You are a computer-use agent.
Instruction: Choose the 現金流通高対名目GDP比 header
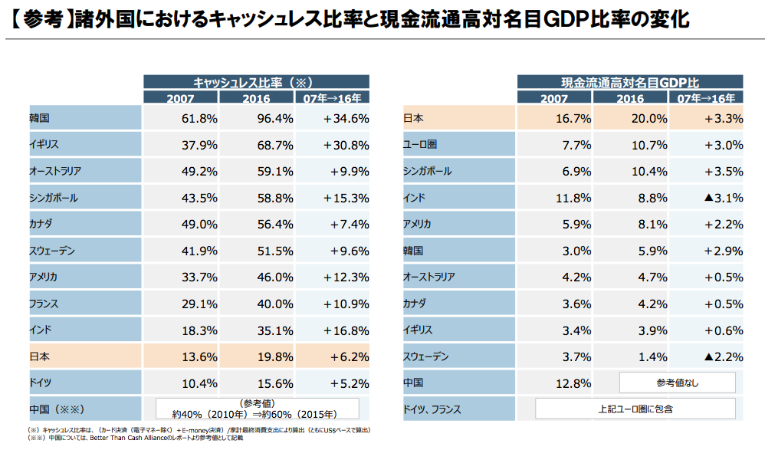(629, 81)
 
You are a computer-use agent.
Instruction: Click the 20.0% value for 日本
(629, 119)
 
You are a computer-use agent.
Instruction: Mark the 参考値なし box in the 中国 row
(677, 382)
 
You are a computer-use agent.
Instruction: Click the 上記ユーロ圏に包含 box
(635, 409)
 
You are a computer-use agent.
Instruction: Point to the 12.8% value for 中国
(572, 382)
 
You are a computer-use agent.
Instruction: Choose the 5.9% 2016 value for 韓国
(629, 251)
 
